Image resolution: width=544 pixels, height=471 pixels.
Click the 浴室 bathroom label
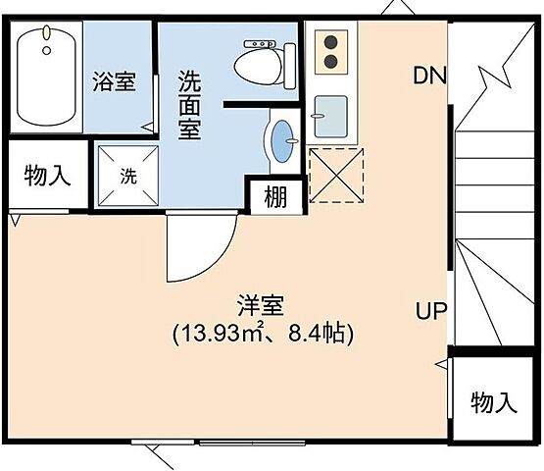(115, 81)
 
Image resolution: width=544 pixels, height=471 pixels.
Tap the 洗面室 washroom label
(189, 103)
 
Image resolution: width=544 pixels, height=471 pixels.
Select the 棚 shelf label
(275, 197)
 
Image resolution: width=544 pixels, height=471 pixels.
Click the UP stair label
(430, 312)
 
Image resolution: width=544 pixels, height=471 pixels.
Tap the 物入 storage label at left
(46, 177)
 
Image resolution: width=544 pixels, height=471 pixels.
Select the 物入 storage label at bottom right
(493, 402)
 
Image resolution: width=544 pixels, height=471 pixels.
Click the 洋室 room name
(261, 306)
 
